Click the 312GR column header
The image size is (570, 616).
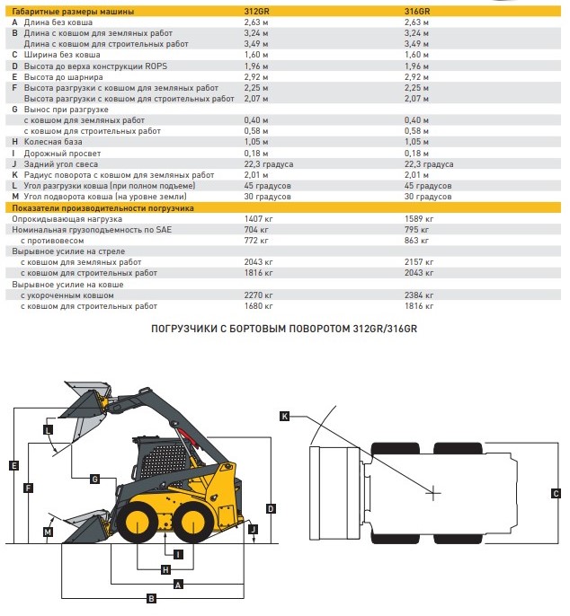pos(256,12)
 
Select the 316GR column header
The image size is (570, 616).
pos(417,12)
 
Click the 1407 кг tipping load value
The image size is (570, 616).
pos(258,219)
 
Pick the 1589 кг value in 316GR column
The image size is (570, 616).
pos(419,219)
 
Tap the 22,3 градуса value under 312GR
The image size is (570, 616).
pos(269,164)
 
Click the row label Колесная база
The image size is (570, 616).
pos(53,142)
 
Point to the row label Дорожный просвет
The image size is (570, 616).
pos(62,154)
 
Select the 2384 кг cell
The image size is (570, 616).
pos(419,295)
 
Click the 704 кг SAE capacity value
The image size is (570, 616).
pos(256,230)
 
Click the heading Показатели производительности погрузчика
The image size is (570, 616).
pos(102,207)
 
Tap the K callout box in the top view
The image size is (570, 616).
pos(284,416)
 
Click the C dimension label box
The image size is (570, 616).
pos(556,494)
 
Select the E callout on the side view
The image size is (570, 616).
pos(13,465)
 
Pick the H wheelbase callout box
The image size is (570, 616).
pos(165,569)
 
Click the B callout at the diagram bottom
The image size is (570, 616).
pos(151,599)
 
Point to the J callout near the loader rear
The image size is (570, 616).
pos(254,529)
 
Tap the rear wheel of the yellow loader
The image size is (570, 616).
pos(194,523)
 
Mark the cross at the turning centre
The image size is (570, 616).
pos(433,493)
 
